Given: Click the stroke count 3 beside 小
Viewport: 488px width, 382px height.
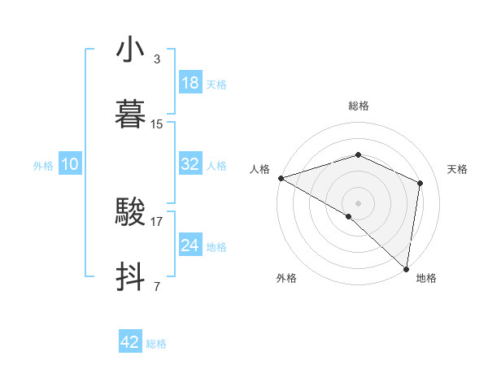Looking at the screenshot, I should pyautogui.click(x=157, y=59).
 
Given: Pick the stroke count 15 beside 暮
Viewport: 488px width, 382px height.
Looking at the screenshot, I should pyautogui.click(x=158, y=124).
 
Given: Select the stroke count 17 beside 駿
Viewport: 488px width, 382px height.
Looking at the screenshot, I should pyautogui.click(x=158, y=221).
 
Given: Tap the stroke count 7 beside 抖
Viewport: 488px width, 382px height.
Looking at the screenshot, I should pyautogui.click(x=157, y=286).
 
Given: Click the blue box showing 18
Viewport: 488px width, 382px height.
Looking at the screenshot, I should pyautogui.click(x=190, y=83).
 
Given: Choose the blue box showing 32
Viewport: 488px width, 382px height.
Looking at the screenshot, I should pyautogui.click(x=190, y=164).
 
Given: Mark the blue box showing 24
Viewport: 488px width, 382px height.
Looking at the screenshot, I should pyautogui.click(x=190, y=245).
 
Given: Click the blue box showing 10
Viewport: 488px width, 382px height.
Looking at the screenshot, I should pyautogui.click(x=70, y=164).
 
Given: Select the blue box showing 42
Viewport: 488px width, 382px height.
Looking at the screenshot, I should pyautogui.click(x=130, y=342).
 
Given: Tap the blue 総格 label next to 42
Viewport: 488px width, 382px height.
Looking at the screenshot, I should pyautogui.click(x=156, y=344).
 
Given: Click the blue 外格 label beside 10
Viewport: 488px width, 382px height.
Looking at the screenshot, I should pyautogui.click(x=43, y=166).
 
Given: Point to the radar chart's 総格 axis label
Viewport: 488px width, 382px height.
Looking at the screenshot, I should pyautogui.click(x=358, y=106).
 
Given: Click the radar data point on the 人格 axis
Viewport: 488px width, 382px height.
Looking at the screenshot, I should pyautogui.click(x=281, y=178).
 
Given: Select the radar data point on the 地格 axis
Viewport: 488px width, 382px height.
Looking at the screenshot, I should pyautogui.click(x=406, y=268).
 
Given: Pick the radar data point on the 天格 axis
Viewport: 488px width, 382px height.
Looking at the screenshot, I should pyautogui.click(x=420, y=183).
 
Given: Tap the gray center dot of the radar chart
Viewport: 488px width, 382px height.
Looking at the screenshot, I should pyautogui.click(x=358, y=202).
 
